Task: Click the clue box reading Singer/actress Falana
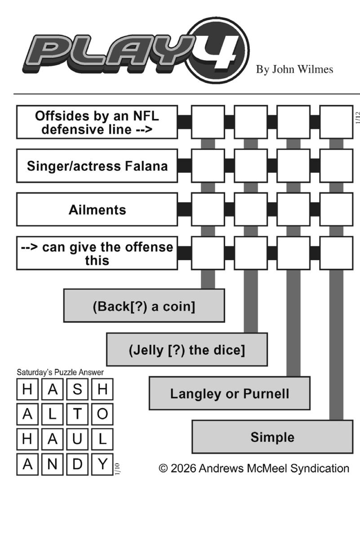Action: tap(97, 166)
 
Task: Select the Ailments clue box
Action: tap(97, 209)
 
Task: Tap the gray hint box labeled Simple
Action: tap(272, 437)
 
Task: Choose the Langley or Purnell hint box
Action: tap(229, 393)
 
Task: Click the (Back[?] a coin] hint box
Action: tap(144, 306)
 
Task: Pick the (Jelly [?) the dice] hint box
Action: tap(187, 350)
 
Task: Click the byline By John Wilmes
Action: tap(294, 69)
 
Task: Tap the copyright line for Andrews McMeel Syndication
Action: tap(254, 468)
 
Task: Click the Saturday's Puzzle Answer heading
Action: tap(60, 372)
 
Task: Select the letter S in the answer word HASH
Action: tap(78, 389)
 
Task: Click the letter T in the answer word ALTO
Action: tap(78, 414)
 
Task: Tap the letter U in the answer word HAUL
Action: tap(78, 439)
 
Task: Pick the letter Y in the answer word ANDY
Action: tap(102, 464)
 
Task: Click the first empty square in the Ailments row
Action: tap(208, 209)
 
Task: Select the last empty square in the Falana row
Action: tap(336, 166)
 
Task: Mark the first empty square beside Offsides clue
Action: tap(208, 122)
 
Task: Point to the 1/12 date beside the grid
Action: tap(358, 118)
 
